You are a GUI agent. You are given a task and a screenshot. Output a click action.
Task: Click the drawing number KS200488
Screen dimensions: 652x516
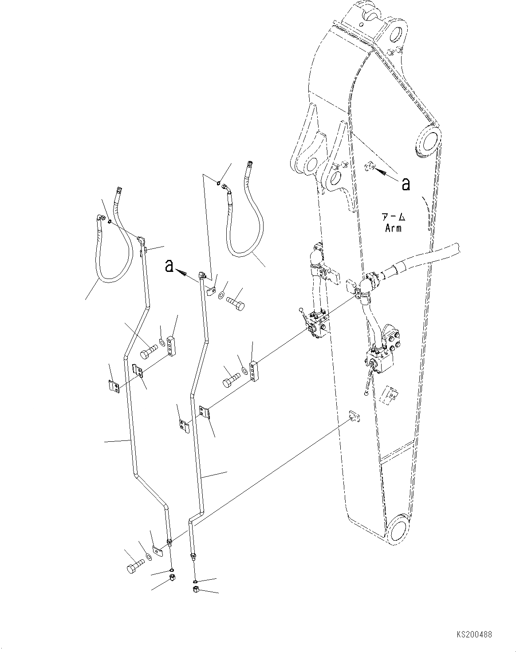click(473, 635)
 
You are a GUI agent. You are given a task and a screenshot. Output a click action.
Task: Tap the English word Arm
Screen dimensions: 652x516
click(393, 228)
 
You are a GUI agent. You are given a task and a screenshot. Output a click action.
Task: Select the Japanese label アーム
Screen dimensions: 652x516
click(393, 217)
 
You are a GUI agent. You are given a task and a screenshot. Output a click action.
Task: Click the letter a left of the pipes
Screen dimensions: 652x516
click(169, 266)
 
